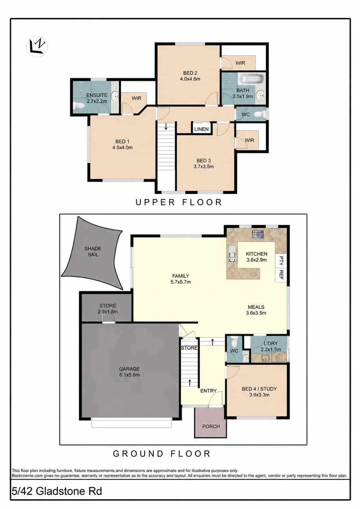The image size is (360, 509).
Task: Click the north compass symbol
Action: pyautogui.click(x=37, y=46)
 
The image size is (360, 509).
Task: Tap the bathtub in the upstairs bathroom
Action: pyautogui.click(x=252, y=80)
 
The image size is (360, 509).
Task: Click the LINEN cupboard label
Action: pyautogui.click(x=201, y=129)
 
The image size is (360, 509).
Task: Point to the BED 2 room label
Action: pyautogui.click(x=190, y=73)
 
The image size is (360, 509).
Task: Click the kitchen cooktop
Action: pyautogui.click(x=258, y=234)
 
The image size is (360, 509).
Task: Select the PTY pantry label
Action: pyautogui.click(x=281, y=260)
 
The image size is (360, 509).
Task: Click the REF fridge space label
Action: pyautogui.click(x=281, y=274)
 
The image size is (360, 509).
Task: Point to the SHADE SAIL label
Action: pyautogui.click(x=93, y=252)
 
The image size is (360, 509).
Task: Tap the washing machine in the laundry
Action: pyautogui.click(x=279, y=357)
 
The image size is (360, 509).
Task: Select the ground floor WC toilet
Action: pyautogui.click(x=233, y=341)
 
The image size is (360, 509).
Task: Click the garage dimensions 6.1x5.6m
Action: pyautogui.click(x=129, y=375)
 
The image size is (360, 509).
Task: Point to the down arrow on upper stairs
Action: pyautogui.click(x=166, y=126)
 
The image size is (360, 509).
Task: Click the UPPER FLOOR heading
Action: pyautogui.click(x=178, y=202)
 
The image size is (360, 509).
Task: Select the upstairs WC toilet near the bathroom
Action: pyautogui.click(x=260, y=114)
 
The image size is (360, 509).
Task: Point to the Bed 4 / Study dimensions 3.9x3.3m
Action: pyautogui.click(x=259, y=395)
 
